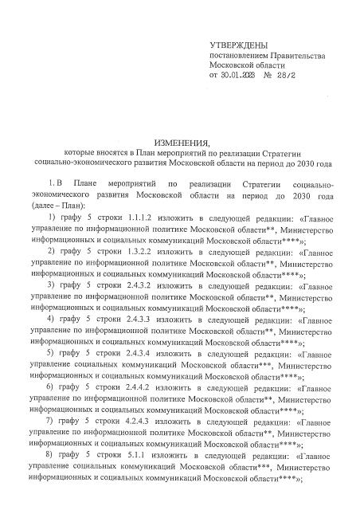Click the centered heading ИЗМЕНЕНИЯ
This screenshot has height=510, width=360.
pos(178,139)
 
